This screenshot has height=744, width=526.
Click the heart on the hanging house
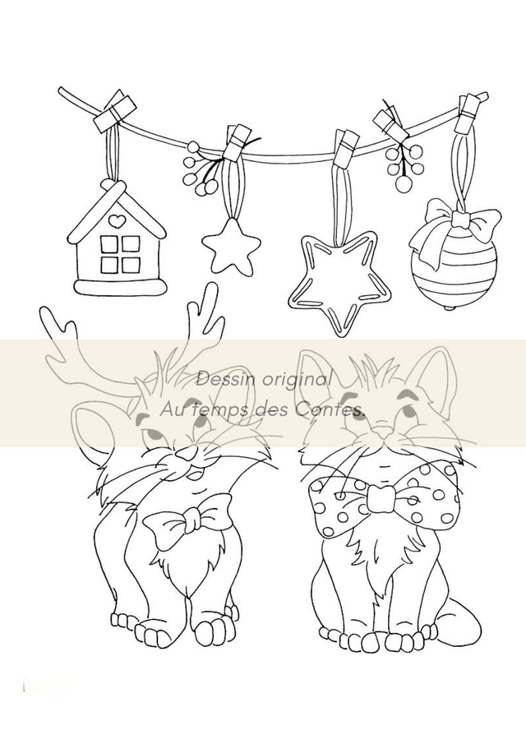click(115, 220)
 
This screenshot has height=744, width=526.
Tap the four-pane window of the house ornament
click(120, 254)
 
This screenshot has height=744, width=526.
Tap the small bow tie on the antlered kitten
click(188, 519)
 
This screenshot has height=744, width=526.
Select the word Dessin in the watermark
click(220, 379)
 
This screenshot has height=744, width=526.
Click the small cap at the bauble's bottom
click(449, 308)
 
